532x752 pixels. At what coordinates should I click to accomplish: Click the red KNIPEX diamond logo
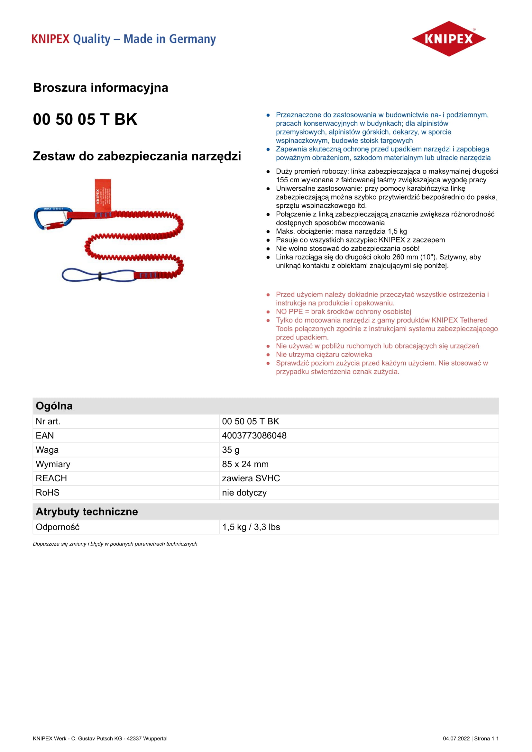coord(448,39)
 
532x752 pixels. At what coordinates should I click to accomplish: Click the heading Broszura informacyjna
coord(101,88)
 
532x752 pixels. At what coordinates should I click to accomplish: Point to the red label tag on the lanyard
coord(103,195)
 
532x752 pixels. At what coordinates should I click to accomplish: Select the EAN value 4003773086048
coord(254,436)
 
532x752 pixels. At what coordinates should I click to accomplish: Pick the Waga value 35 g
coord(231,450)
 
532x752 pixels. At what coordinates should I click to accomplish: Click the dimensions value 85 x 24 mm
coord(245,464)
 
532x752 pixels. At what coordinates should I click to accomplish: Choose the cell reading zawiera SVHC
coord(251,478)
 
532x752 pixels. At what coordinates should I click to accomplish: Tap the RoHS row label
coord(48,493)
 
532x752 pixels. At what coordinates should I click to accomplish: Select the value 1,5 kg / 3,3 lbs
coord(251,527)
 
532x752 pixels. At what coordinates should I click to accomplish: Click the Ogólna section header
coord(54,406)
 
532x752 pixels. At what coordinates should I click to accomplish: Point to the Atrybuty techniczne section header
coord(87,512)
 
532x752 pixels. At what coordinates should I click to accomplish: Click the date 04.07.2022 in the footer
coord(456,738)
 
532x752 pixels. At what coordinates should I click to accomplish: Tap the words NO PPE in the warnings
coord(289,312)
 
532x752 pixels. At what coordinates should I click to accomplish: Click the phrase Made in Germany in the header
coord(170,39)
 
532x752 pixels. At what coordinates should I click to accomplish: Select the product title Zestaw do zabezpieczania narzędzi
coord(137,156)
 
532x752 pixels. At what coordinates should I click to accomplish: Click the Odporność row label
coord(58,527)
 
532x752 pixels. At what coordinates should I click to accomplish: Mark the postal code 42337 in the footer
coord(134,738)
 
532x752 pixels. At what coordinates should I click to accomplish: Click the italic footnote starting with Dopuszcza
coord(115,544)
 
